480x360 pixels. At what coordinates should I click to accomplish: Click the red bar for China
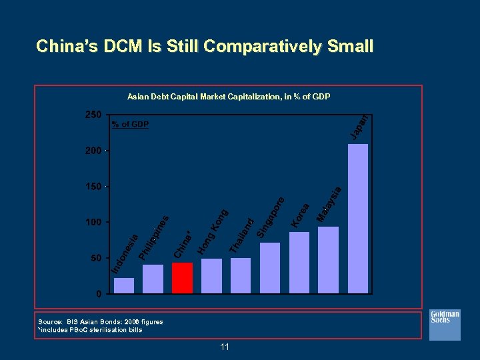point(182,277)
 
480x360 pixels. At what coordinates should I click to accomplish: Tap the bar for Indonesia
point(124,285)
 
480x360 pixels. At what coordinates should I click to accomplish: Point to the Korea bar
point(299,262)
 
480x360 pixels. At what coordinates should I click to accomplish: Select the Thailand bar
point(241,275)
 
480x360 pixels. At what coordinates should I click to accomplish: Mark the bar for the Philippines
point(153,279)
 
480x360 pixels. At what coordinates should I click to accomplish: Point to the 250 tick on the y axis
point(93,115)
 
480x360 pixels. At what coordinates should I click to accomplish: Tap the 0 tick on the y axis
point(98,293)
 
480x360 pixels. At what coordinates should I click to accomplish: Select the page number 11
point(224,347)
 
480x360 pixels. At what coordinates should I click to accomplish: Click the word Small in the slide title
point(349,47)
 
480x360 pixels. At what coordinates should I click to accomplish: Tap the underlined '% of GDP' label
point(130,125)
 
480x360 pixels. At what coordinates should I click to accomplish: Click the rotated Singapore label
point(271,217)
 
